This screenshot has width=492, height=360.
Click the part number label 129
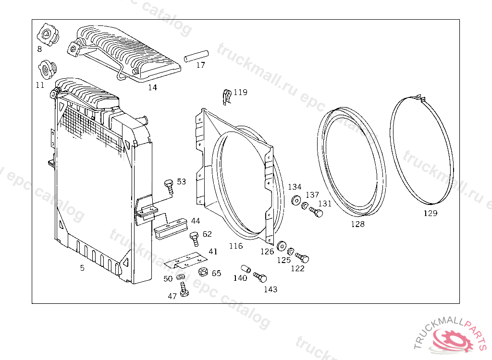pos(430,213)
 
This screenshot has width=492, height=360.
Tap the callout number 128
pos(357,224)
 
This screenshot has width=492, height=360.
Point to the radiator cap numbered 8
pos(47,35)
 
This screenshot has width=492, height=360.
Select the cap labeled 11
pos(47,70)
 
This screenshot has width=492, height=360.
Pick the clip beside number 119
pos(227,96)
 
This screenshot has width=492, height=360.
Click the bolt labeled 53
pos(168,185)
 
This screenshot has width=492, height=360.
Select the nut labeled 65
pos(203,272)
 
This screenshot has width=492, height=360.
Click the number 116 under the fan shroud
pos(235,246)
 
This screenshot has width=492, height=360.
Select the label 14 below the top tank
pos(152,87)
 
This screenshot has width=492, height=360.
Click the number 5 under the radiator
pos(82,268)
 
